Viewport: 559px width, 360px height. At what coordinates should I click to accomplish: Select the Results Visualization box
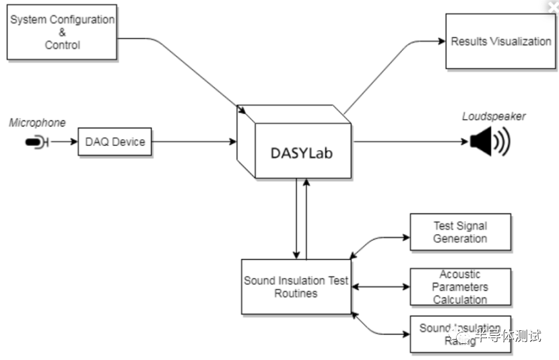click(500, 42)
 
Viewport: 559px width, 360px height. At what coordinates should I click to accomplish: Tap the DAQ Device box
click(114, 142)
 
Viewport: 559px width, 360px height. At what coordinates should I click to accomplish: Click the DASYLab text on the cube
click(301, 153)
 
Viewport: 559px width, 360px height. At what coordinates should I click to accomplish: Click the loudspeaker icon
click(489, 142)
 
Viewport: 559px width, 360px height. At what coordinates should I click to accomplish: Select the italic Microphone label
click(38, 122)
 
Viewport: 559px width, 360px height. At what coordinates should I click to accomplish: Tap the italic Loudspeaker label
click(493, 116)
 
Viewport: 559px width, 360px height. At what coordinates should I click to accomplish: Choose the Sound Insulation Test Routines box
click(296, 287)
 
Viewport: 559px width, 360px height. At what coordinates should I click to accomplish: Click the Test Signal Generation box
click(460, 232)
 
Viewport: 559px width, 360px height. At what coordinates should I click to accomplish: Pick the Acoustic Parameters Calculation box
click(460, 287)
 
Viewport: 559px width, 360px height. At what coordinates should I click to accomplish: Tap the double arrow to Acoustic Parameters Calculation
click(381, 287)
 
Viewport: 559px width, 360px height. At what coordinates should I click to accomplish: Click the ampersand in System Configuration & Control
click(62, 32)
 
